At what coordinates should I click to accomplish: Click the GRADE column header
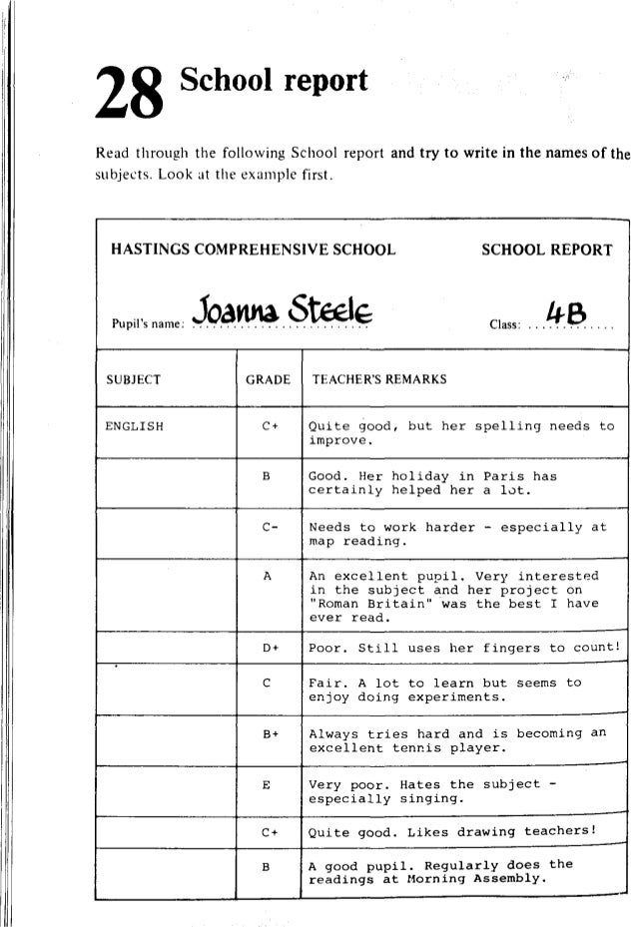coord(268,379)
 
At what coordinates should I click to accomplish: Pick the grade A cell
coord(268,577)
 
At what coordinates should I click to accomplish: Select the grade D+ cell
coord(268,647)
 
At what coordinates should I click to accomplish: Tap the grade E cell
coord(268,784)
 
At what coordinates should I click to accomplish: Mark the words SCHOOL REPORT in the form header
coord(546,248)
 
